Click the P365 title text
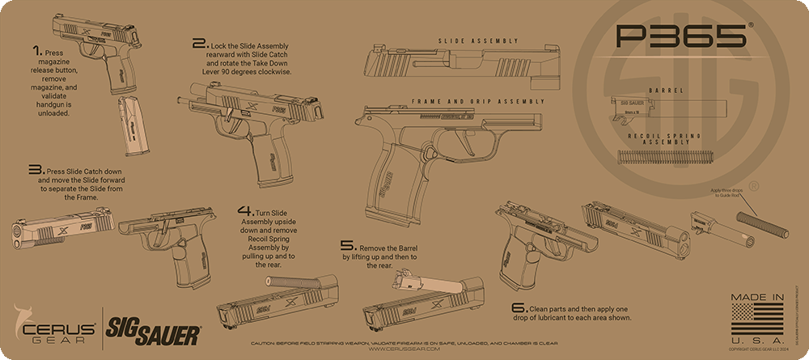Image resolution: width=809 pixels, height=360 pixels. click(x=680, y=36)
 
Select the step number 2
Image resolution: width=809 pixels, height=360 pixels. click(x=199, y=44)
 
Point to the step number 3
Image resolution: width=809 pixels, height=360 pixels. click(x=35, y=171)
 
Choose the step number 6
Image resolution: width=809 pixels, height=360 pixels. click(x=518, y=308)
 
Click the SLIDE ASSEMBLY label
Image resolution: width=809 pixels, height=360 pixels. click(x=478, y=40)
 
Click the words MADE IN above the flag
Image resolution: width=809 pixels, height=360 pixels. click(x=757, y=298)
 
